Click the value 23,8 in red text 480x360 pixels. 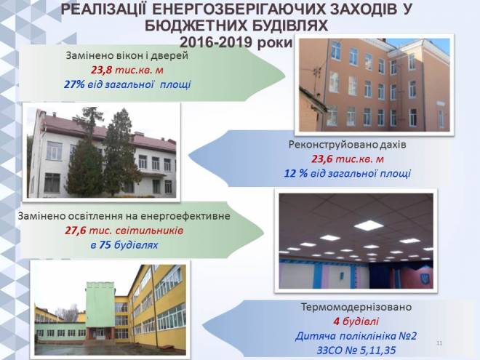(x=101, y=70)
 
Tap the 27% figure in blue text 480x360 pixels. (x=74, y=84)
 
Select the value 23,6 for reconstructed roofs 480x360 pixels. (x=322, y=159)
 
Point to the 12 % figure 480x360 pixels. (x=296, y=174)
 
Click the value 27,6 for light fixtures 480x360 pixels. (x=76, y=231)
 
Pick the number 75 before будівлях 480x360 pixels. (x=105, y=245)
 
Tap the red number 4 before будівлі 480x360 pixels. (x=337, y=321)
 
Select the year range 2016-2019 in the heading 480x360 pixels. (x=216, y=43)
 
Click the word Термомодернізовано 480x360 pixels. (x=356, y=307)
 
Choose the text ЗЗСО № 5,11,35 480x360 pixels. (x=356, y=351)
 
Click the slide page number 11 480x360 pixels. (x=439, y=343)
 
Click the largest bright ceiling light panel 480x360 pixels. (x=369, y=225)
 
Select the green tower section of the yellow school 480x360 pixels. (x=100, y=304)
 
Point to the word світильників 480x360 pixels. (x=150, y=231)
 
